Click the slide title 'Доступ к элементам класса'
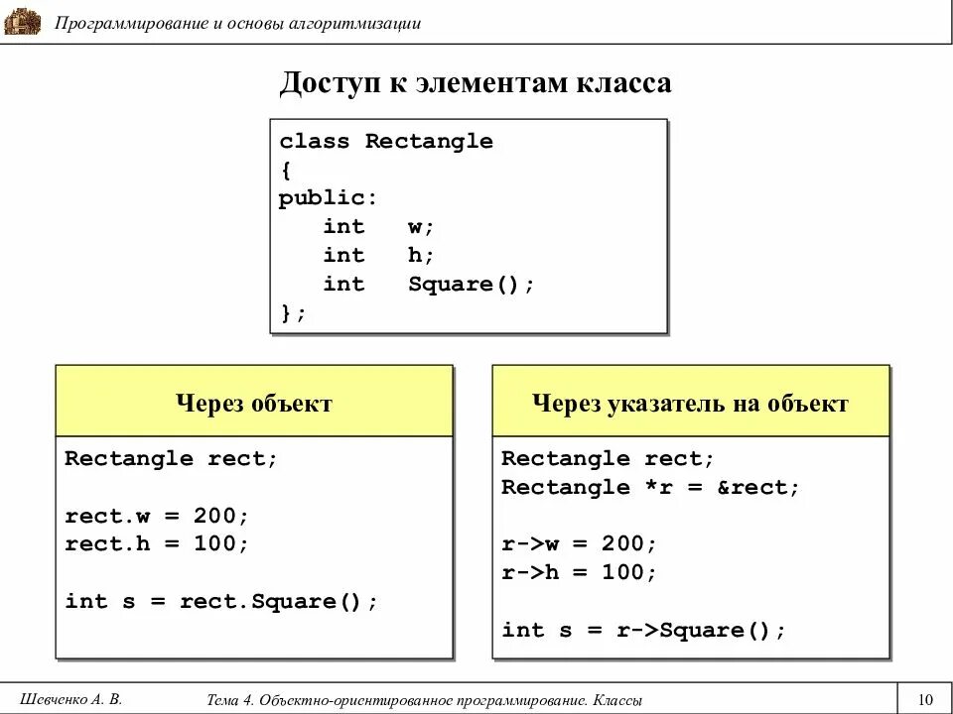click(476, 83)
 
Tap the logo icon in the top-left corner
click(22, 21)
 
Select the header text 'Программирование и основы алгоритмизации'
click(238, 23)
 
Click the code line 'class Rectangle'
click(385, 141)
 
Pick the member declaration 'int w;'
click(378, 227)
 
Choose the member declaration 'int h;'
click(378, 256)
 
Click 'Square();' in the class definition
click(471, 285)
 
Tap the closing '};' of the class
click(293, 313)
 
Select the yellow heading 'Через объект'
click(254, 404)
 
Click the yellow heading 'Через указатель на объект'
click(690, 404)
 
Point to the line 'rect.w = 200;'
click(157, 516)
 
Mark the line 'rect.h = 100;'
click(157, 544)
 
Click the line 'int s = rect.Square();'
click(221, 602)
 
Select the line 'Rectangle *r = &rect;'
click(650, 487)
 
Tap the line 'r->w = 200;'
click(579, 544)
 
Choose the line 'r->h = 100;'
click(579, 573)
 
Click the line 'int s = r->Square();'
click(643, 631)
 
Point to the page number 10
click(926, 698)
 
